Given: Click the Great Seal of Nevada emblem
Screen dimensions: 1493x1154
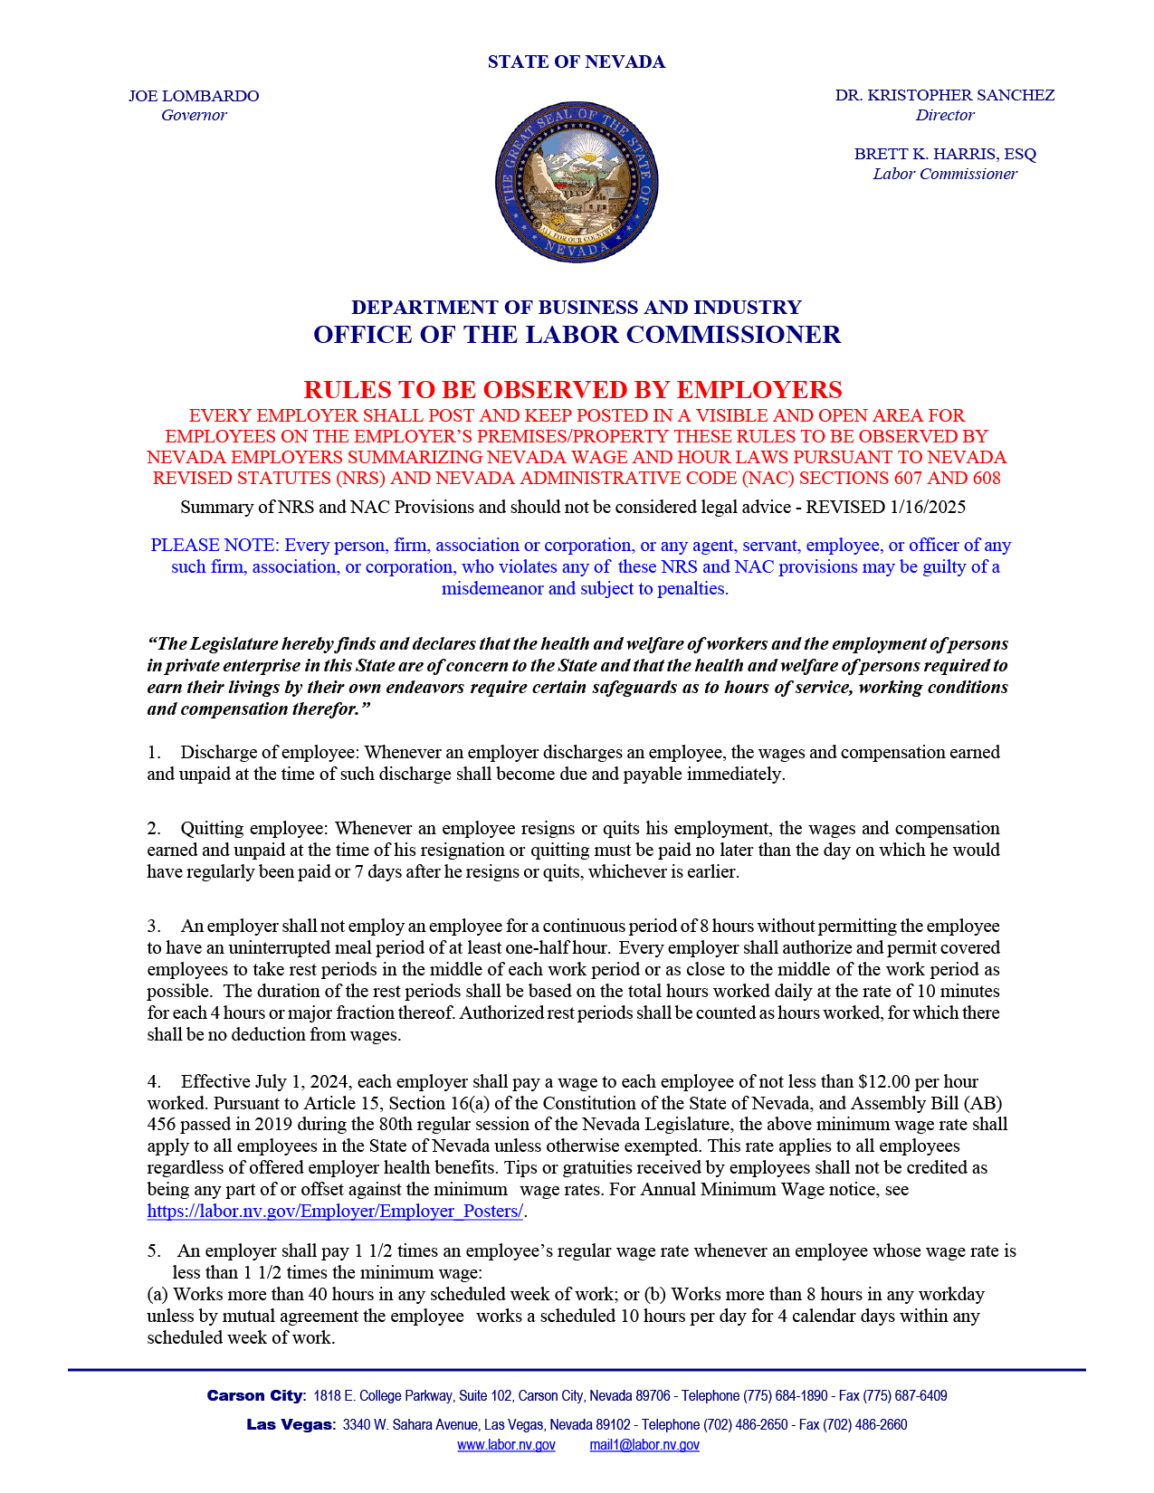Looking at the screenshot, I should click(x=577, y=182).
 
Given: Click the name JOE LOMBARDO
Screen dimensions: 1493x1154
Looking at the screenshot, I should click(x=194, y=96).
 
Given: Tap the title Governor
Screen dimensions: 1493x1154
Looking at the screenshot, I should click(x=194, y=115).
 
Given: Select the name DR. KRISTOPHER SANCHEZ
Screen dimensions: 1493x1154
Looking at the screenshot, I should click(x=944, y=95).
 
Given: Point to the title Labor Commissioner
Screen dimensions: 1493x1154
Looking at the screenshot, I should click(x=944, y=174).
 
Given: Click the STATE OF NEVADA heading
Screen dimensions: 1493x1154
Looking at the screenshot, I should click(x=576, y=62).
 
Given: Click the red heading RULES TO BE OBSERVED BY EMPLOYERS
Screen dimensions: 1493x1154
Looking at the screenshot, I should click(x=572, y=390).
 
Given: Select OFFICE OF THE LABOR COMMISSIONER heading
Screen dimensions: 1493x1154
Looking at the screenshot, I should click(x=577, y=335).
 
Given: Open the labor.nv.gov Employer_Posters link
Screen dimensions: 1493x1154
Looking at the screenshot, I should click(x=335, y=1212).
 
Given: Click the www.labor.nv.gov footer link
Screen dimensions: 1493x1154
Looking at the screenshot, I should click(x=506, y=1445).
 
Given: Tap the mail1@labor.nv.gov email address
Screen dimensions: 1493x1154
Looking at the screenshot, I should click(x=644, y=1445).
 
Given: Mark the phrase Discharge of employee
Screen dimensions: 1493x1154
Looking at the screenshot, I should click(x=267, y=752).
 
